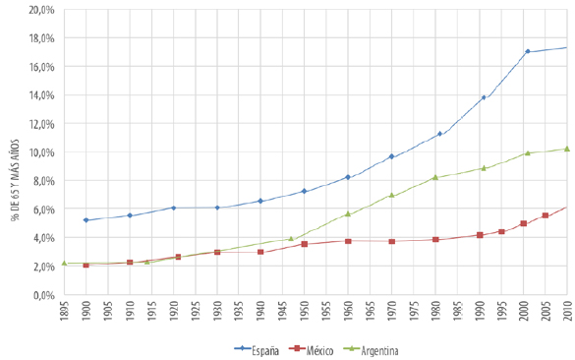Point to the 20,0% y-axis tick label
(40, 10)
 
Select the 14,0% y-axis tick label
(40, 95)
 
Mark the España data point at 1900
(86, 220)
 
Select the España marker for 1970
(392, 156)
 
